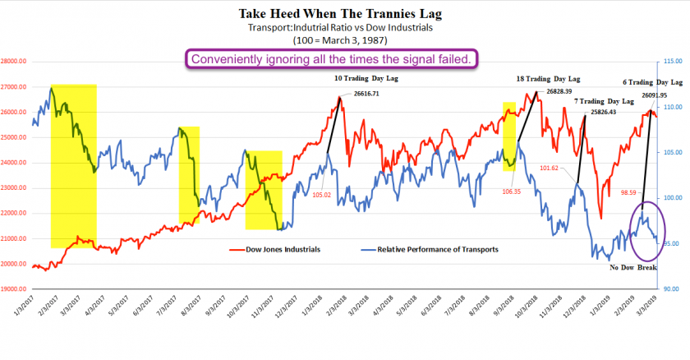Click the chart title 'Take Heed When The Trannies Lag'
click(344, 13)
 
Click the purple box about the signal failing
click(332, 58)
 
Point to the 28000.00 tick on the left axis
click(15, 61)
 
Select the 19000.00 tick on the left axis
click(15, 289)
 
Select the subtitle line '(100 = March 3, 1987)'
click(344, 39)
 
